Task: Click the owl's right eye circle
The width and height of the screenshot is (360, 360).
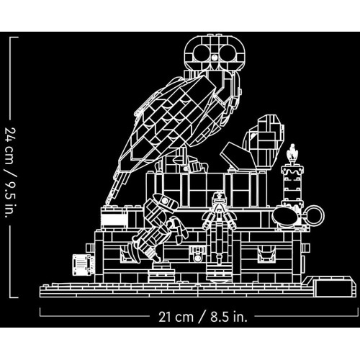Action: tap(228, 53)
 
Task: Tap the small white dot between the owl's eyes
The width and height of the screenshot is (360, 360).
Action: tap(215, 57)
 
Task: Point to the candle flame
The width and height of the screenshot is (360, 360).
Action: tap(292, 152)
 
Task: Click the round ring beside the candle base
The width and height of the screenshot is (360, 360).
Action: tap(315, 215)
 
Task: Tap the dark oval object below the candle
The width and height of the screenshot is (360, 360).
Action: tap(285, 216)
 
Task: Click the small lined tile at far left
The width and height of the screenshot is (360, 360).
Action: tap(82, 265)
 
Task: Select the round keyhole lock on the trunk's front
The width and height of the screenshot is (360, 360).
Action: tap(197, 258)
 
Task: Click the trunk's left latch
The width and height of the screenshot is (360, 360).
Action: tap(128, 254)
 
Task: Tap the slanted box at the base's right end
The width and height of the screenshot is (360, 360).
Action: tap(333, 287)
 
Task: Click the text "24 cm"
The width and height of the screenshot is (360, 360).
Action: tap(10, 145)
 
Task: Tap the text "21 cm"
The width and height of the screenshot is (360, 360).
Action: tap(176, 317)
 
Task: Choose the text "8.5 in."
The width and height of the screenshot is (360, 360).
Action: tap(229, 317)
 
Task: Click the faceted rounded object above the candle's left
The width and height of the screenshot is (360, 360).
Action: tap(264, 142)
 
